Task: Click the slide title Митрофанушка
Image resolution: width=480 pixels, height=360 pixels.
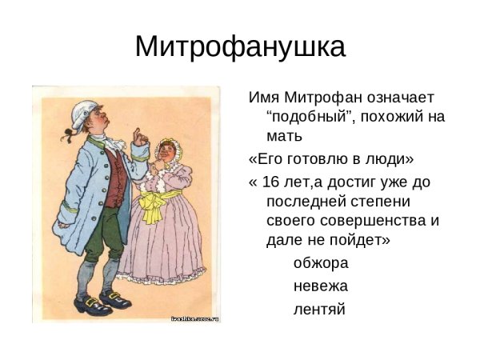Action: (240, 46)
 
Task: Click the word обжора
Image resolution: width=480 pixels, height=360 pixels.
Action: (320, 262)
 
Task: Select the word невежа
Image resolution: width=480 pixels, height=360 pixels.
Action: (320, 285)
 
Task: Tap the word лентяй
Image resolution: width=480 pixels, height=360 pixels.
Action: (319, 308)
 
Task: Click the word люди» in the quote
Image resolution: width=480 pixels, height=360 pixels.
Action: (389, 158)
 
